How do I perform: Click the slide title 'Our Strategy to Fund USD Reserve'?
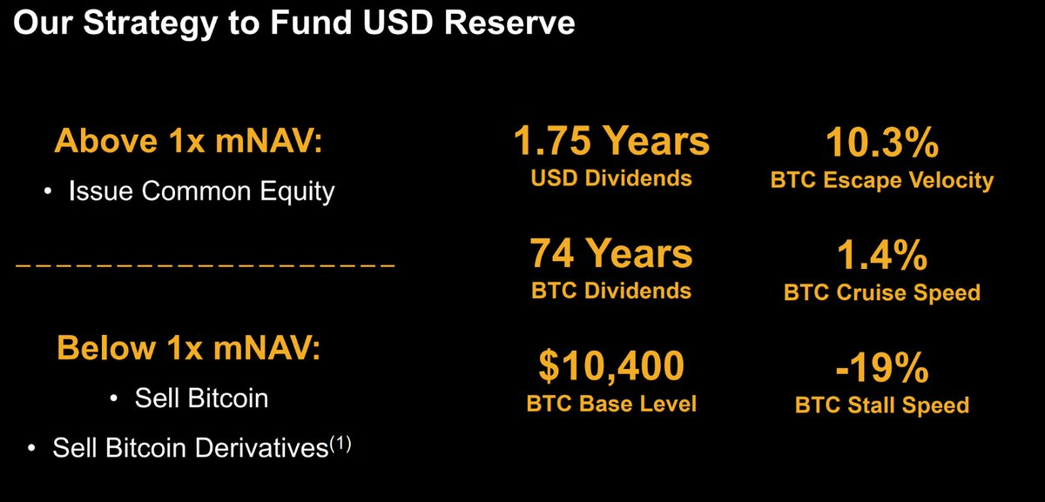[x=294, y=23]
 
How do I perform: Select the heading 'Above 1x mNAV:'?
[x=189, y=141]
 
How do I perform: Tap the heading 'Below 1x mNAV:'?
[x=189, y=348]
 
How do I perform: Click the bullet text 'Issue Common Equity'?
[x=201, y=191]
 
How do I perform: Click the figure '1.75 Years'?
[x=610, y=140]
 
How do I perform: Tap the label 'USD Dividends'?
[x=611, y=178]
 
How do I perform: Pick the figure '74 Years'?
[x=611, y=253]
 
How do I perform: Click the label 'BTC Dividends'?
[x=611, y=291]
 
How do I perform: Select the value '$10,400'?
[x=611, y=366]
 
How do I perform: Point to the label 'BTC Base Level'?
[x=611, y=404]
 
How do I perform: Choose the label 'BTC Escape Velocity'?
[x=881, y=180]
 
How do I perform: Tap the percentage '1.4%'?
[x=881, y=255]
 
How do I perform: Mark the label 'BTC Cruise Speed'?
[x=881, y=292]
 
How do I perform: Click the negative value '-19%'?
[x=881, y=368]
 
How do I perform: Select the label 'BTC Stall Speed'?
[x=881, y=405]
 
